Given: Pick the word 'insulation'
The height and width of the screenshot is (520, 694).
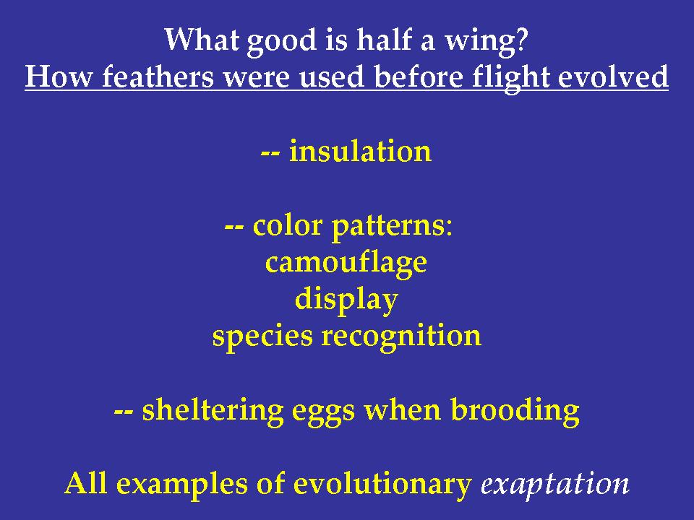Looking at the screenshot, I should pos(360,152).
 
